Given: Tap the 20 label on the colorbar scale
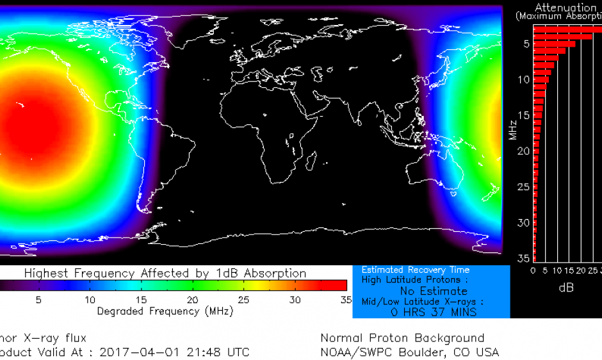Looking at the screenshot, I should [192, 299].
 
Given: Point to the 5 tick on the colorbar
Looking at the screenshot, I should [38, 299].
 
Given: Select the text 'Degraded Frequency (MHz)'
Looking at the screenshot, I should [165, 311].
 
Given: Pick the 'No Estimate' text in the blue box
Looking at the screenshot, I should [433, 291].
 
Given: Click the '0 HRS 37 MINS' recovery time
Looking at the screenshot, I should [434, 312].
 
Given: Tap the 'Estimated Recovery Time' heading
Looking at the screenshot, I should [415, 270].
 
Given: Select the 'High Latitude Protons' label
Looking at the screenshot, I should [411, 279].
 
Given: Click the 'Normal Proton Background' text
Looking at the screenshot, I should [402, 338].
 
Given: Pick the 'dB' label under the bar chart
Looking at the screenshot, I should [566, 288].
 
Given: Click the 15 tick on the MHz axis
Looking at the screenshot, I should [525, 115].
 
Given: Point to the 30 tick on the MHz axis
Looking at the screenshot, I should [525, 222].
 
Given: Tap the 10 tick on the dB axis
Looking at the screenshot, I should [557, 271].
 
